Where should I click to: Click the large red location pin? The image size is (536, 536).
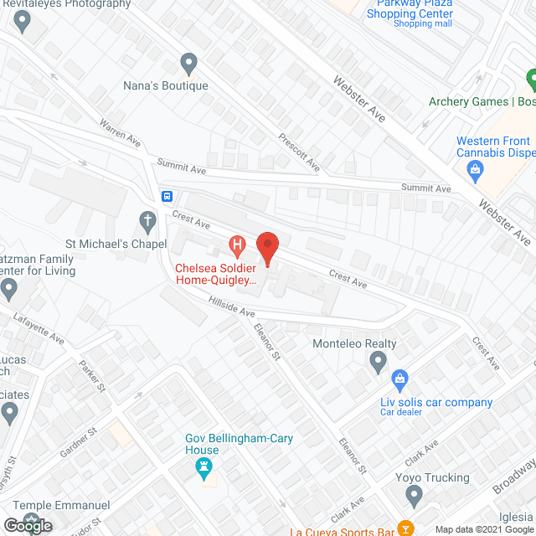coord(267,247)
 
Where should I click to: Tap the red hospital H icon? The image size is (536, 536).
coord(238,246)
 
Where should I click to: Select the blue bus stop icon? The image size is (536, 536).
coord(167,197)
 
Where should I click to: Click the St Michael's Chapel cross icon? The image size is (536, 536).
coord(147,222)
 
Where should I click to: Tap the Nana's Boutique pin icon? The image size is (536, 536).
coord(189,64)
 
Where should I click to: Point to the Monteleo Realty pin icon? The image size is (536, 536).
coord(378,362)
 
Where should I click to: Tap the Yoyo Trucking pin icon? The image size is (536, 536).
coord(412,497)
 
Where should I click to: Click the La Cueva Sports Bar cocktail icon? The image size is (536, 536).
coord(405,528)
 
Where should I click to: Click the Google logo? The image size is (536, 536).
coord(27,526)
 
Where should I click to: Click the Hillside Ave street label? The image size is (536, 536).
coord(232,306)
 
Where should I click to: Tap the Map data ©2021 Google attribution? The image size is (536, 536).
coord(487,528)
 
